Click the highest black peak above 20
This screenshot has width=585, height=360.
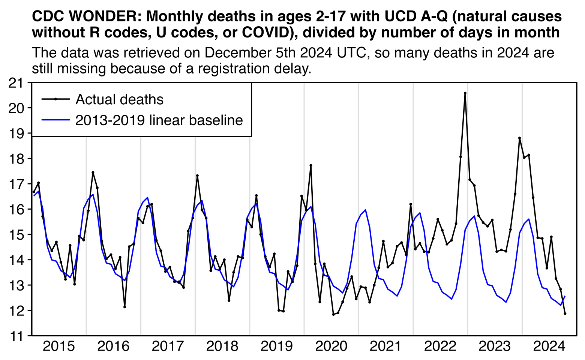(x=465, y=93)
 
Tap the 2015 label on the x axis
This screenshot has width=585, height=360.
(x=59, y=346)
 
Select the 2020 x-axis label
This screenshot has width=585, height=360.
(x=331, y=346)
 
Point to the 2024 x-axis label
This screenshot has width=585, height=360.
(x=549, y=346)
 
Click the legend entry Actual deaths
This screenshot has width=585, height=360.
(x=119, y=99)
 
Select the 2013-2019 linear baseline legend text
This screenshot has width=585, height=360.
(x=159, y=120)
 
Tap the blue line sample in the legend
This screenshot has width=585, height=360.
(x=55, y=120)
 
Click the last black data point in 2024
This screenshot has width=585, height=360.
(x=565, y=313)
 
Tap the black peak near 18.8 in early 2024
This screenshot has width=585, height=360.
(x=519, y=138)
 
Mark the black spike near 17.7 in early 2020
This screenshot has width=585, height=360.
(x=311, y=165)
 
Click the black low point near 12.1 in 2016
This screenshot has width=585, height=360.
(x=124, y=307)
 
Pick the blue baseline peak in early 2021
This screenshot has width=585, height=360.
(x=365, y=210)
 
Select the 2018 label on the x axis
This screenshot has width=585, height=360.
(x=222, y=346)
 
